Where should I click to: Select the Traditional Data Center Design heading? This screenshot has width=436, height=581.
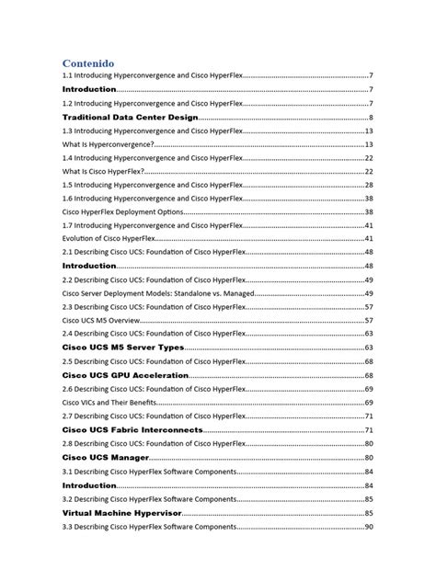click(129, 118)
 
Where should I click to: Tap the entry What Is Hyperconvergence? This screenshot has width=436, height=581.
click(108, 144)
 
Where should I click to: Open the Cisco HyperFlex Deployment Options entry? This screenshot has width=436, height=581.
click(122, 211)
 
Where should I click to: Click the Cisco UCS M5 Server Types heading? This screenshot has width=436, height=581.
click(122, 348)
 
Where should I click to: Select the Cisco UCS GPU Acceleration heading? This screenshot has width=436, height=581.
click(125, 375)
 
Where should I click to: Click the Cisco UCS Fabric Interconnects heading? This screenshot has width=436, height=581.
click(132, 429)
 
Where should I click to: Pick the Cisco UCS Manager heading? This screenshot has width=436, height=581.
click(104, 456)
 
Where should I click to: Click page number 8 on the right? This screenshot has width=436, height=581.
click(370, 118)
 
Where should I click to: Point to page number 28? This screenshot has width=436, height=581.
click(368, 185)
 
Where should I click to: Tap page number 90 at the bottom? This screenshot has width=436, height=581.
click(368, 528)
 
